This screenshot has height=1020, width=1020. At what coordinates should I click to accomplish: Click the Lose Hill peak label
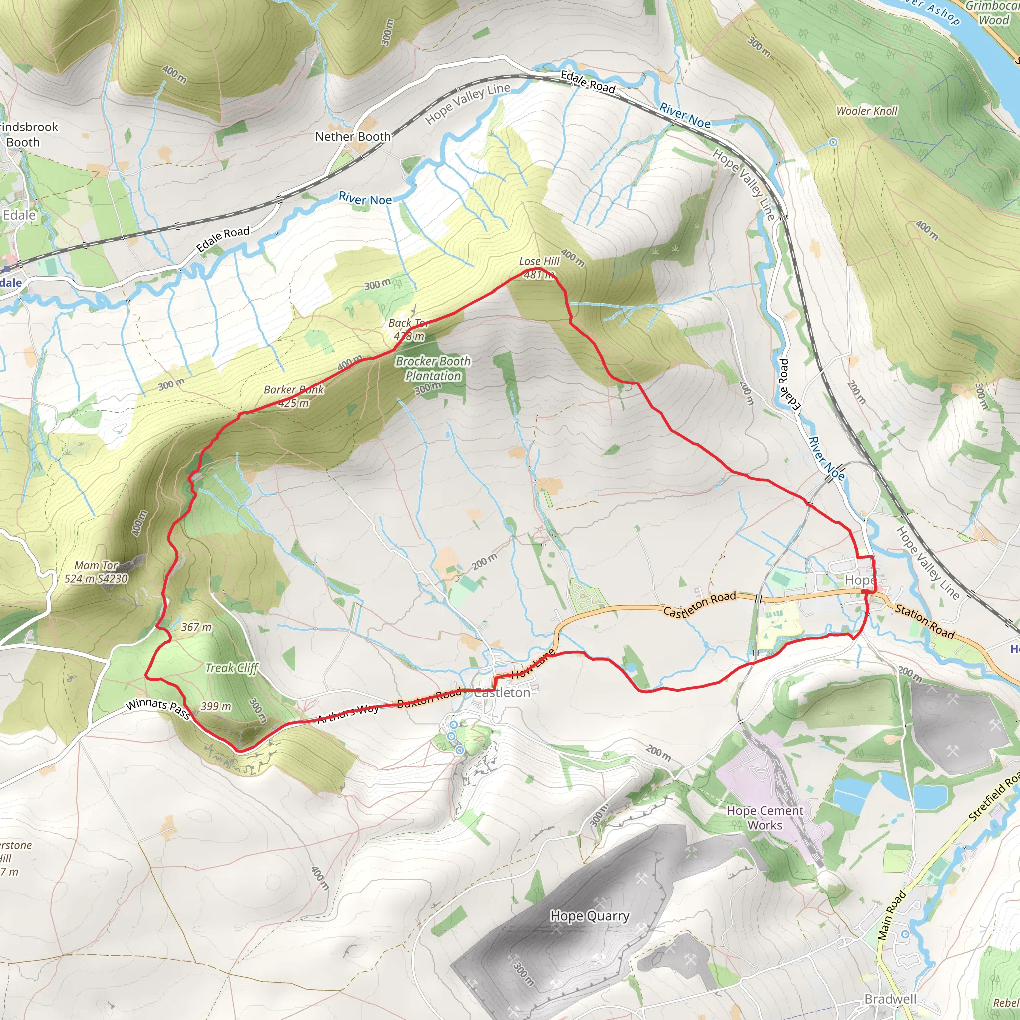[539, 262]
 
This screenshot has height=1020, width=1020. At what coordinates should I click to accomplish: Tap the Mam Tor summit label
[96, 566]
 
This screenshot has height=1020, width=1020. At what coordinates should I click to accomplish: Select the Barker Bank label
[293, 390]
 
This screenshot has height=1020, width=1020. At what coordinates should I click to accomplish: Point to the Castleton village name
[502, 693]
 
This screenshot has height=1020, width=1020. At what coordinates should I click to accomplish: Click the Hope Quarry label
[590, 916]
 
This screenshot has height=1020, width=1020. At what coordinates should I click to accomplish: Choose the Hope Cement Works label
[765, 818]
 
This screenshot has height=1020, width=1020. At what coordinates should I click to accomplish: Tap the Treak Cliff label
[232, 668]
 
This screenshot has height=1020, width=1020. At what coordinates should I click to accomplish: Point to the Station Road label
[925, 622]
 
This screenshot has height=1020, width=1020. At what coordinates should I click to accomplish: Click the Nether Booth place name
[353, 137]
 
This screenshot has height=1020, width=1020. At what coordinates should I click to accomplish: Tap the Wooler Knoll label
[867, 111]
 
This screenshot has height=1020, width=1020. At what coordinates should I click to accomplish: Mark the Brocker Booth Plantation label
[433, 369]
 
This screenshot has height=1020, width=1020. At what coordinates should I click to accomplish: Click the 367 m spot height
[196, 627]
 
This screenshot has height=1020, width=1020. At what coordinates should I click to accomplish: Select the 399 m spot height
[215, 706]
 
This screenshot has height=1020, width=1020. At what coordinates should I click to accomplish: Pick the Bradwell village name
[890, 999]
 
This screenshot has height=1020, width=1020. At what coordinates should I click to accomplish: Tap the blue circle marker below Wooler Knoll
[833, 142]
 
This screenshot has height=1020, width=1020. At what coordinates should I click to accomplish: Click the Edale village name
[19, 215]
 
